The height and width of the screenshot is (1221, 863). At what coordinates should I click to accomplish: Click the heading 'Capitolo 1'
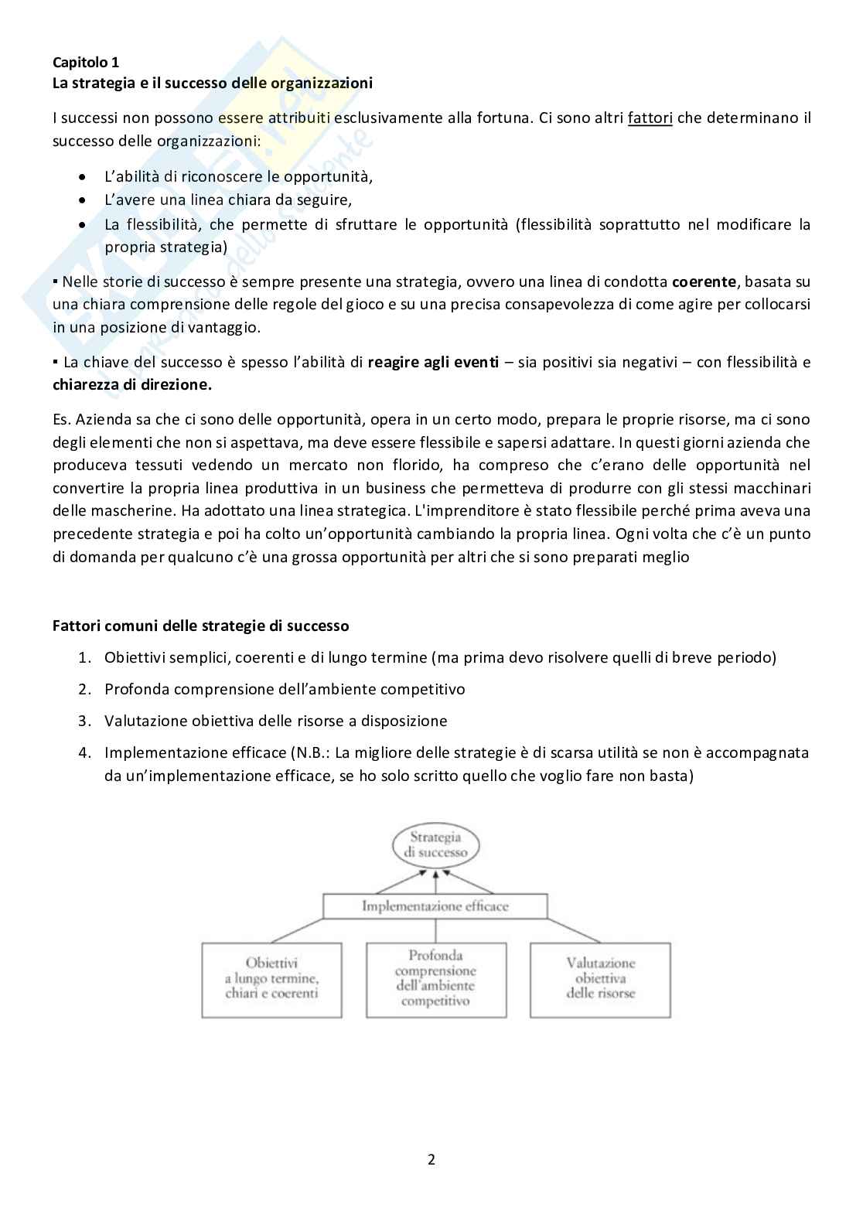(85, 63)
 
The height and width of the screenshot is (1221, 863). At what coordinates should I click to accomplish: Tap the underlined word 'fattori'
(650, 118)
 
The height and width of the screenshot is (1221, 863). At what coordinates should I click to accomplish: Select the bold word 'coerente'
(704, 281)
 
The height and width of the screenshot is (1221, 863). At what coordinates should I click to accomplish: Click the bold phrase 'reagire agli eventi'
(433, 362)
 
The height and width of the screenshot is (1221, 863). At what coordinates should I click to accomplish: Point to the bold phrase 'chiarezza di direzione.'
(131, 384)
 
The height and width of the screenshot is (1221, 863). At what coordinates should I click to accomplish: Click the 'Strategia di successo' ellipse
(435, 844)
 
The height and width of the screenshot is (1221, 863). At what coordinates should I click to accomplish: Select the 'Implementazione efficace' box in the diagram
(435, 906)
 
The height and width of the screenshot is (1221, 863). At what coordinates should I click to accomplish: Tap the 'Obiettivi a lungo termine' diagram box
(271, 979)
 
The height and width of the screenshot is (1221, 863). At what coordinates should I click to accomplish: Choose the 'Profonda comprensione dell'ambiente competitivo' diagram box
(435, 979)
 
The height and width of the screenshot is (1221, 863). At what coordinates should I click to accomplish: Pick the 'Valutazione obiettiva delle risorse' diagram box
(600, 979)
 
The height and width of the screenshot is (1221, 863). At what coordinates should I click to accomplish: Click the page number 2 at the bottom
(432, 1159)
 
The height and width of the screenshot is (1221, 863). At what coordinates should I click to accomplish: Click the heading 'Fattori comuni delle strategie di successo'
(200, 626)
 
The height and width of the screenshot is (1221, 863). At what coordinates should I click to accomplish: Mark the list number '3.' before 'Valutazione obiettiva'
(84, 721)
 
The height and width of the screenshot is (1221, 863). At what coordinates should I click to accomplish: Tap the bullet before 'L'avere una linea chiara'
(83, 200)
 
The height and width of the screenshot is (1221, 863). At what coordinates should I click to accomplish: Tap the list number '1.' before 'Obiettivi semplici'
(84, 657)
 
